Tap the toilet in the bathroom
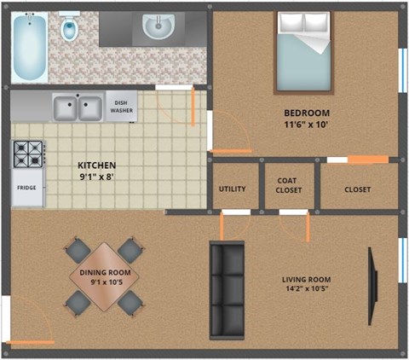click(x=70, y=29)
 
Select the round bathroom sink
click(x=157, y=30)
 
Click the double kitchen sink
click(x=77, y=107)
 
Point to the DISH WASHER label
click(x=121, y=107)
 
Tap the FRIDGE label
click(x=26, y=189)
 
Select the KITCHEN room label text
click(x=96, y=165)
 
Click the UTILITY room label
click(x=233, y=189)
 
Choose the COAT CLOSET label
click(x=289, y=185)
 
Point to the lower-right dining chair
click(x=130, y=302)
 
